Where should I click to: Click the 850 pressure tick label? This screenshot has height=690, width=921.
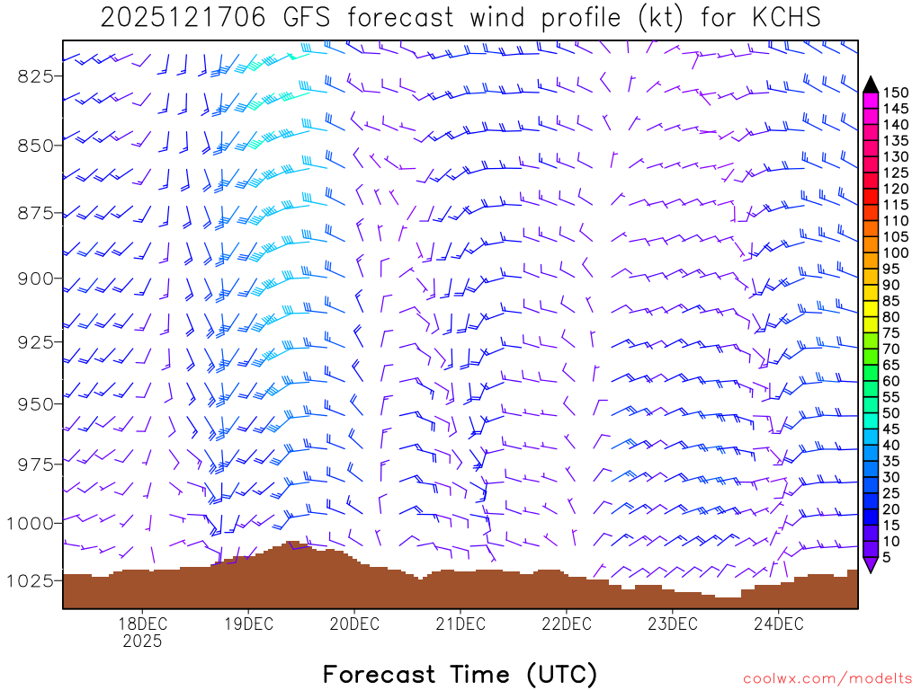[35, 145]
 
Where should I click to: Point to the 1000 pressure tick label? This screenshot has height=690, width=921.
[31, 523]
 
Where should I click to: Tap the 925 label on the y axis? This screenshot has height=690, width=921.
[35, 342]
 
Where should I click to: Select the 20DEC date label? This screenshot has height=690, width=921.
[353, 624]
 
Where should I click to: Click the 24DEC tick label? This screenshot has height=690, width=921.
[778, 624]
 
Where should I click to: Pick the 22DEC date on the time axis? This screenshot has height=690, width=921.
[566, 624]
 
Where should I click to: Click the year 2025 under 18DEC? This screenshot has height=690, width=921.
[142, 641]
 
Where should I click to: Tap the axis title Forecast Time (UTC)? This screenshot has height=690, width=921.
[460, 674]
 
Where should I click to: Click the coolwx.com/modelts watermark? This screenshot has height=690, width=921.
[827, 676]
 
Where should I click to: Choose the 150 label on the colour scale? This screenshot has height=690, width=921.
[895, 93]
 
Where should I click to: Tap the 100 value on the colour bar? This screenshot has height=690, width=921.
[895, 253]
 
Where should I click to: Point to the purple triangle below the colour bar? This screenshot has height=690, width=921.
[870, 565]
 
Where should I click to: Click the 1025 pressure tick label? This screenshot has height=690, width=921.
[31, 580]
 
